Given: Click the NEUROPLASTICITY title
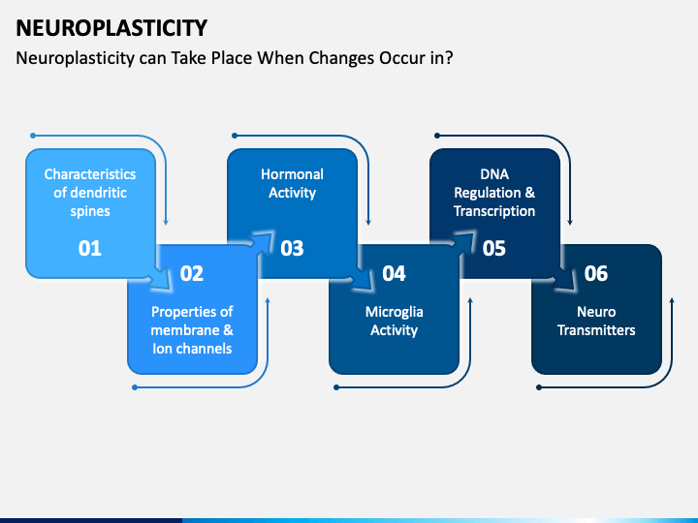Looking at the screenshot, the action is (111, 28).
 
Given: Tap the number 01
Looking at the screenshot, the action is (90, 248).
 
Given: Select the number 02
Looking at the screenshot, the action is (192, 273).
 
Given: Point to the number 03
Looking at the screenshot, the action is (292, 248).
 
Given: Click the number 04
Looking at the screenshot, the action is (394, 273).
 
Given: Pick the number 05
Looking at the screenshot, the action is (494, 248).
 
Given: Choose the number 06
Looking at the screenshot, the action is (596, 273).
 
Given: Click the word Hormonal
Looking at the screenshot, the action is (292, 174).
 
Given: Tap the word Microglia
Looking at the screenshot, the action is (394, 312).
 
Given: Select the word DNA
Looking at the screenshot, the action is (494, 174).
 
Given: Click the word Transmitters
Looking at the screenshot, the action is (596, 330).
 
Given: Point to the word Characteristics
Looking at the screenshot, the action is (90, 174).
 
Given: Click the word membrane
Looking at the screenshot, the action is (185, 330).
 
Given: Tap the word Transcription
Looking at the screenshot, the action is (494, 211).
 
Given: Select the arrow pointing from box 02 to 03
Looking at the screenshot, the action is (262, 243).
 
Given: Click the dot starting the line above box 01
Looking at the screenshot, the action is (33, 136).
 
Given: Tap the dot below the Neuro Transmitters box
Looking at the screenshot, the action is (539, 387).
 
